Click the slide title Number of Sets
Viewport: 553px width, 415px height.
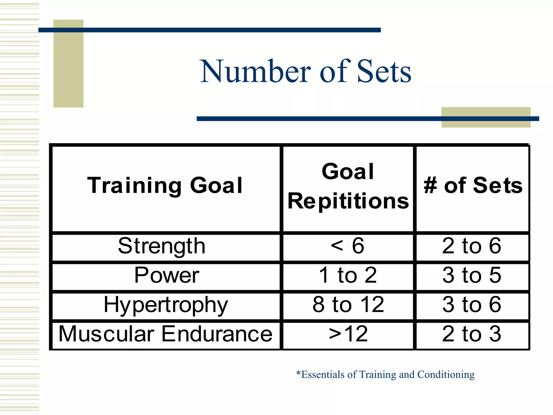(x=305, y=71)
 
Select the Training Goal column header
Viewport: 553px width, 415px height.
(x=165, y=185)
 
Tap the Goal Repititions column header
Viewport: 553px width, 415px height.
(x=348, y=186)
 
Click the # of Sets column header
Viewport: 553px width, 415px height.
(x=473, y=185)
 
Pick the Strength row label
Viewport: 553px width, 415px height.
(x=162, y=246)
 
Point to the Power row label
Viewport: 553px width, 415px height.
(x=167, y=275)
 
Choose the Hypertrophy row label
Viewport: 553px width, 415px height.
(x=166, y=305)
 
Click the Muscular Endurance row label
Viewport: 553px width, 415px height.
(x=165, y=334)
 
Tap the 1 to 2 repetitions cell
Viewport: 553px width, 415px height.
(x=348, y=275)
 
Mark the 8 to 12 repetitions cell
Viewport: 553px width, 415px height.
(x=348, y=305)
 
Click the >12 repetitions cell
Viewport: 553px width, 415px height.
(x=348, y=334)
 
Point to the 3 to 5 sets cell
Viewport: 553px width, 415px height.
(x=471, y=275)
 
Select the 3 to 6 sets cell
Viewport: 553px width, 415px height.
(x=471, y=305)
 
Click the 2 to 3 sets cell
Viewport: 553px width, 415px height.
(x=471, y=334)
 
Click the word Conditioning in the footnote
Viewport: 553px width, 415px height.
(x=446, y=375)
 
